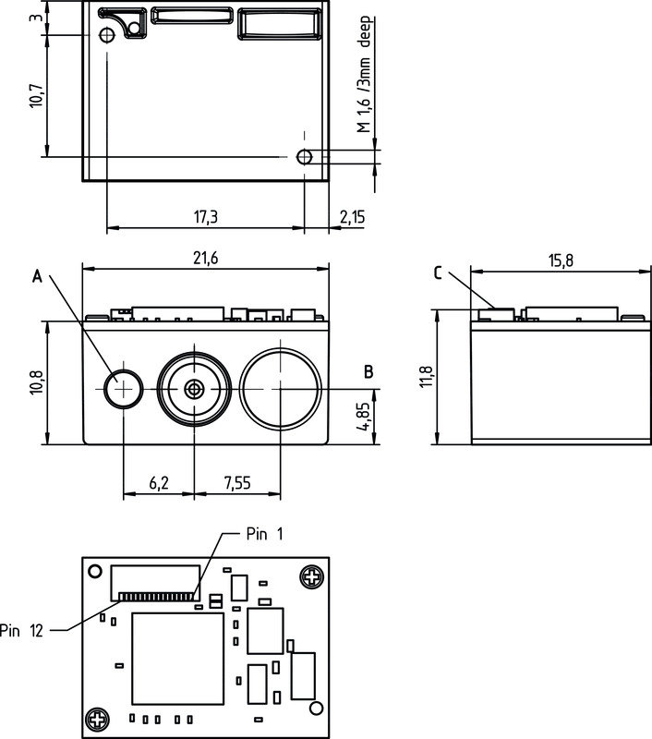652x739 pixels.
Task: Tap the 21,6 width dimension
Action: click(x=205, y=259)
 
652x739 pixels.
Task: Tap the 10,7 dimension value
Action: click(x=36, y=95)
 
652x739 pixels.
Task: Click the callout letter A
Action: click(x=37, y=274)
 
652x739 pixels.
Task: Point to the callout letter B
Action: click(x=368, y=372)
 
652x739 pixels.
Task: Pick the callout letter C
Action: click(x=438, y=273)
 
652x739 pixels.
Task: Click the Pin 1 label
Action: click(x=266, y=535)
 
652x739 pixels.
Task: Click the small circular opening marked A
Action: click(x=123, y=388)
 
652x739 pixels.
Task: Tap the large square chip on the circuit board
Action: click(x=177, y=660)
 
